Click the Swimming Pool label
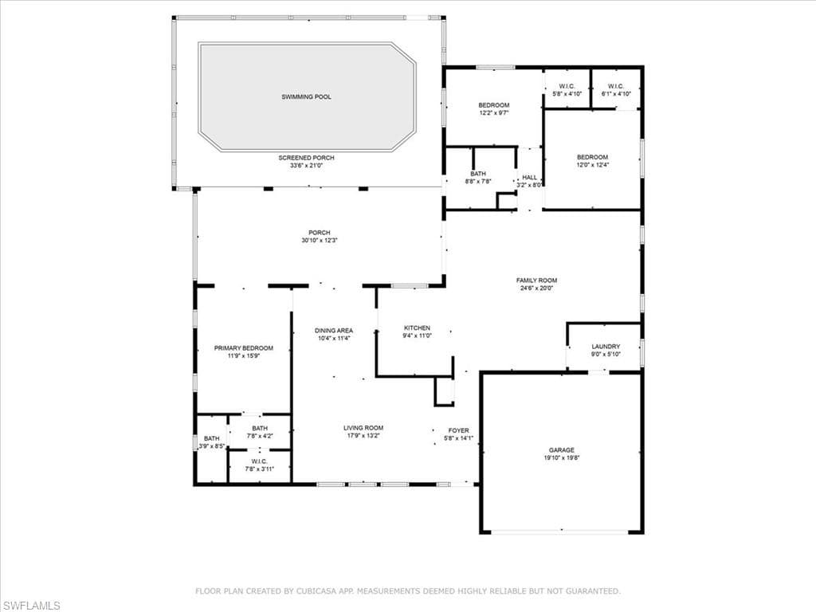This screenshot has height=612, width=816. tap(306, 96)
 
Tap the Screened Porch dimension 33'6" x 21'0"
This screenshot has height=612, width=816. tap(306, 166)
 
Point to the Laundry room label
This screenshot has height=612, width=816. tap(606, 347)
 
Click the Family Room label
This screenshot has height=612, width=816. tap(536, 280)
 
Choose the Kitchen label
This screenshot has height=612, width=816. tap(417, 328)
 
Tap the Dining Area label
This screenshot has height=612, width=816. tap(333, 330)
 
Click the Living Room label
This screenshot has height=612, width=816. tap(363, 428)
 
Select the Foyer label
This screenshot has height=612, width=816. tap(458, 430)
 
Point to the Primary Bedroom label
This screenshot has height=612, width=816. tap(243, 348)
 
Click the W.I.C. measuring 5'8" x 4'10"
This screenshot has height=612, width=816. tap(567, 86)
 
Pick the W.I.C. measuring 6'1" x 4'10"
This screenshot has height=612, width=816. tap(616, 86)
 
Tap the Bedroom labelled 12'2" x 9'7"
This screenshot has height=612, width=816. tap(493, 105)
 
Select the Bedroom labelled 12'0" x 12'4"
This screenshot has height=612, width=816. tap(592, 157)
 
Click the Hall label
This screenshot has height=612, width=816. tap(529, 178)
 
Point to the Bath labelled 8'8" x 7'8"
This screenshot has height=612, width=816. tap(478, 174)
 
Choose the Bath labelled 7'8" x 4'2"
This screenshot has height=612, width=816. tap(260, 429)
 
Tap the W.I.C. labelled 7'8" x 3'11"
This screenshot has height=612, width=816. tap(259, 461)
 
